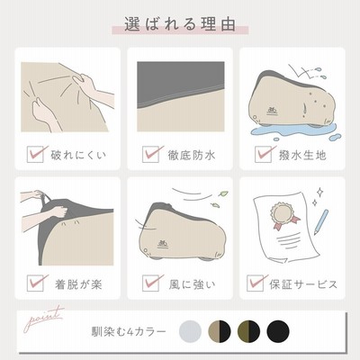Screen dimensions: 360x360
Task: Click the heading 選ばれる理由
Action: [x=180, y=24]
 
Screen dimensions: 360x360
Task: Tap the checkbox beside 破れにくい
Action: [x=35, y=155]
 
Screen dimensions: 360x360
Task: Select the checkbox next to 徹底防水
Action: [x=151, y=155]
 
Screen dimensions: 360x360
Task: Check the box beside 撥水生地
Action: [x=264, y=155]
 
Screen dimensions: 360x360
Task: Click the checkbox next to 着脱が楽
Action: [x=35, y=283]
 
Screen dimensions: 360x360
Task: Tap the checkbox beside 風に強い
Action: [x=151, y=283]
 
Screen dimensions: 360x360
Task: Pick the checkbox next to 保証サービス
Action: [x=256, y=283]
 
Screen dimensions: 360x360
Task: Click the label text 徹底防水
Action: [x=192, y=156]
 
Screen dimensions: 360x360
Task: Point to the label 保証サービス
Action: [x=303, y=284]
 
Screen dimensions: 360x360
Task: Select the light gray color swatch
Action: [x=190, y=331]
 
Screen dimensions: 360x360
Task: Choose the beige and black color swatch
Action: [x=220, y=331]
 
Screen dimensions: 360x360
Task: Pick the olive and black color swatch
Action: [x=248, y=331]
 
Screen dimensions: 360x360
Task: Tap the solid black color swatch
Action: [x=278, y=331]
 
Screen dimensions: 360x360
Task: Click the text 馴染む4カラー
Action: [x=129, y=332]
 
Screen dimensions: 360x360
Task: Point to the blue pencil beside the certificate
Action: [x=320, y=222]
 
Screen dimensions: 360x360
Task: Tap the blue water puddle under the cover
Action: [x=294, y=131]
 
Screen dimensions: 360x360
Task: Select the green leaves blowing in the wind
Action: [x=218, y=199]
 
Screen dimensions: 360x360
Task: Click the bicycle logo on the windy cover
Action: [x=163, y=244]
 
